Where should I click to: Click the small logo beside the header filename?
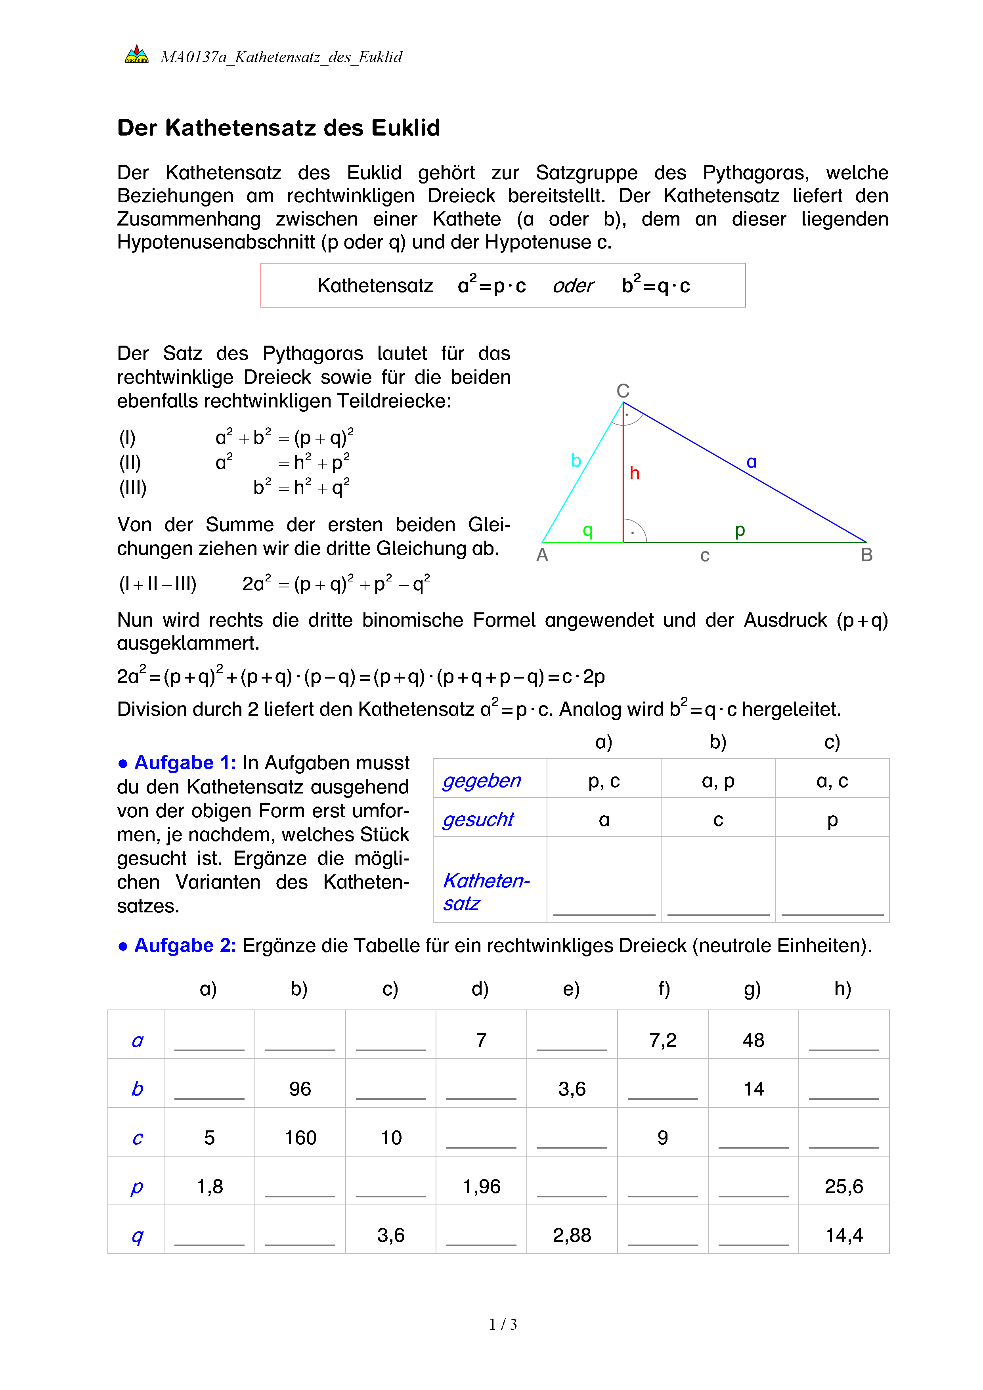click(137, 55)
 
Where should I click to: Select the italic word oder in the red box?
click(573, 286)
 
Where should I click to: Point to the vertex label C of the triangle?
click(623, 390)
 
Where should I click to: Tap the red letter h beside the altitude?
click(634, 473)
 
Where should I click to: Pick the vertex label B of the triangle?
click(866, 554)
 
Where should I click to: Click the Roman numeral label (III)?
click(132, 488)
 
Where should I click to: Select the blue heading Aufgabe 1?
click(185, 763)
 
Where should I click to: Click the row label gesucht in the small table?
click(478, 819)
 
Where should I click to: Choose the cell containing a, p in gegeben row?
click(718, 781)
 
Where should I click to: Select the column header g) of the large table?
click(752, 988)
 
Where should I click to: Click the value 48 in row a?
click(753, 1040)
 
